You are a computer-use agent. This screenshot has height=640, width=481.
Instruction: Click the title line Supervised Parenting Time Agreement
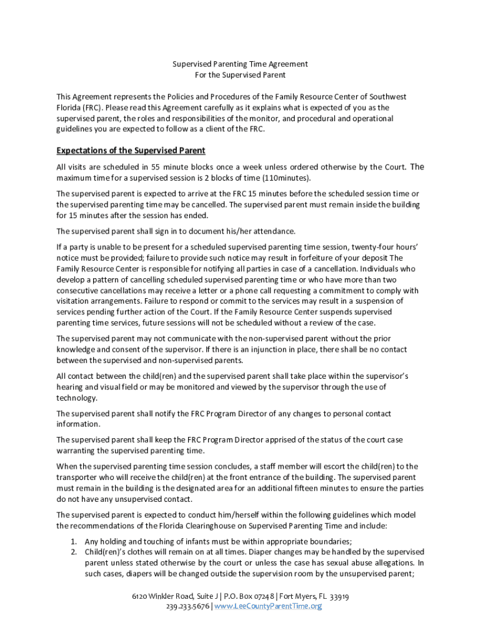click(x=240, y=64)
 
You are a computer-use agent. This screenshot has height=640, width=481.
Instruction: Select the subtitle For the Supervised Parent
click(x=240, y=75)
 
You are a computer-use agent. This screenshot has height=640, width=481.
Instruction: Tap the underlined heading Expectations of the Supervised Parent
click(x=131, y=151)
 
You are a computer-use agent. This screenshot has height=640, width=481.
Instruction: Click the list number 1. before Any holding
click(x=73, y=541)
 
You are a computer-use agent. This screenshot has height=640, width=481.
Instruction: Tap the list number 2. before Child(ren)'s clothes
click(x=73, y=552)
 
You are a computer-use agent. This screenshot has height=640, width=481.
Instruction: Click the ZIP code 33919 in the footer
click(x=339, y=596)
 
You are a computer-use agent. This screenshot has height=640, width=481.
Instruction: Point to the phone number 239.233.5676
click(x=188, y=607)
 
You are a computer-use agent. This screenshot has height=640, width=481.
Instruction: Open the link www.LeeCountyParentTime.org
click(x=268, y=607)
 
